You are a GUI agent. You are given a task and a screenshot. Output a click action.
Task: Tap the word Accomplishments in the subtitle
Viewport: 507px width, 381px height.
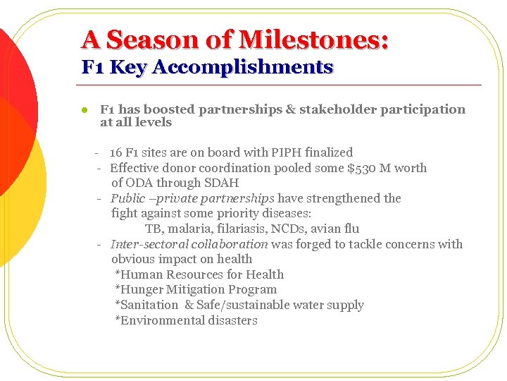(x=242, y=68)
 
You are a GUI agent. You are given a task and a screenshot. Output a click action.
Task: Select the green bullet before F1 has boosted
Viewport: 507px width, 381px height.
(x=83, y=110)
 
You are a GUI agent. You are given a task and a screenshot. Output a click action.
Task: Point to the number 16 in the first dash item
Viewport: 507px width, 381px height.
(x=115, y=152)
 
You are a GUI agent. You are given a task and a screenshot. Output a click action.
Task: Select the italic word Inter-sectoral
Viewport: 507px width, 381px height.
(x=139, y=244)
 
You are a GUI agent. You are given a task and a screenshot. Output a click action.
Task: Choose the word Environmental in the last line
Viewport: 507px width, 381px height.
(x=152, y=321)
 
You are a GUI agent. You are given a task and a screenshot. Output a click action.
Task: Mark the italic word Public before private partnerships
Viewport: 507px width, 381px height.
(x=127, y=198)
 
